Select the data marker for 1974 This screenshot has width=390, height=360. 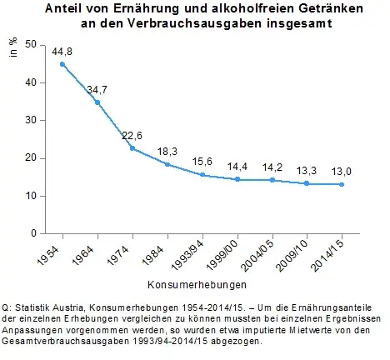tap(133, 148)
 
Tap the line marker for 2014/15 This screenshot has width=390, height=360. tap(342, 184)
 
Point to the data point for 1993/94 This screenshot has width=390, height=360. tap(202, 175)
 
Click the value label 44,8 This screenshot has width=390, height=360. tap(63, 52)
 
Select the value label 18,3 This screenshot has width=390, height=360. tap(167, 151)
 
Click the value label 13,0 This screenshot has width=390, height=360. tap(342, 171)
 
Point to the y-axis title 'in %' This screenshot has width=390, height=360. tap(13, 47)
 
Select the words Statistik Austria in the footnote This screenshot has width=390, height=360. tap(42, 308)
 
